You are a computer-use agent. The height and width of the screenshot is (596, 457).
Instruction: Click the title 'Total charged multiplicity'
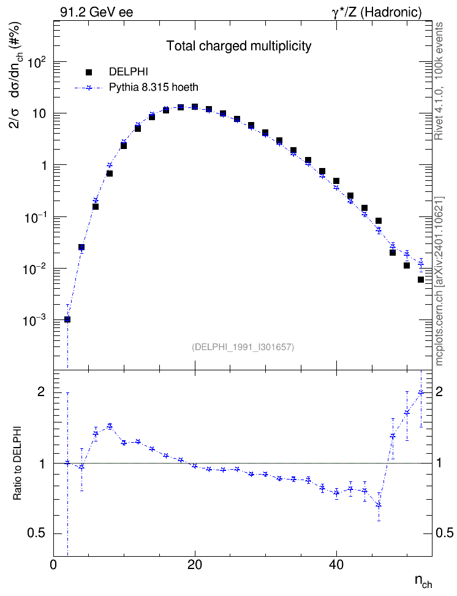pyautogui.click(x=239, y=46)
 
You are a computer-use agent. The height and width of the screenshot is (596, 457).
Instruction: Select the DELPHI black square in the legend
pyautogui.click(x=89, y=72)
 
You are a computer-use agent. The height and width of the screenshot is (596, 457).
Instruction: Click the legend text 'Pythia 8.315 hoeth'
pyautogui.click(x=154, y=88)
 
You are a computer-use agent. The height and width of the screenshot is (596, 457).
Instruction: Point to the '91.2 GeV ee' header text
pyautogui.click(x=97, y=12)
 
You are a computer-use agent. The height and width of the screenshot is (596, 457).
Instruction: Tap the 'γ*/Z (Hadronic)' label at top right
pyautogui.click(x=377, y=12)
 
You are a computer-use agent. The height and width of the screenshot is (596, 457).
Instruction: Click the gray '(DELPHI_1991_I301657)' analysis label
pyautogui.click(x=243, y=346)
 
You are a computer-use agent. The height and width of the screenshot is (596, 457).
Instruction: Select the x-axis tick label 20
pyautogui.click(x=195, y=565)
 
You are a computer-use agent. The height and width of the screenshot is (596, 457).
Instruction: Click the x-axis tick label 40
pyautogui.click(x=336, y=565)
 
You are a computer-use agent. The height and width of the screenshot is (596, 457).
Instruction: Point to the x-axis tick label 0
pyautogui.click(x=53, y=565)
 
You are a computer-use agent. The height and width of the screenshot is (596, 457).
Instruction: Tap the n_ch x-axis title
pyautogui.click(x=423, y=581)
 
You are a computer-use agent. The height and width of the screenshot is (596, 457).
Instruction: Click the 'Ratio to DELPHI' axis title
pyautogui.click(x=18, y=463)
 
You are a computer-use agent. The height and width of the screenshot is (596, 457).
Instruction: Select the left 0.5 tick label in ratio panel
pyautogui.click(x=36, y=533)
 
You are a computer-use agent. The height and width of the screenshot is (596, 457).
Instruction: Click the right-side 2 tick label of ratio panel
pyautogui.click(x=439, y=392)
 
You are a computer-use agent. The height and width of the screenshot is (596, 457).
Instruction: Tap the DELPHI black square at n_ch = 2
pyautogui.click(x=67, y=319)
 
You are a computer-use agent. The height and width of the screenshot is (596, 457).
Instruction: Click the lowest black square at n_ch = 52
pyautogui.click(x=420, y=280)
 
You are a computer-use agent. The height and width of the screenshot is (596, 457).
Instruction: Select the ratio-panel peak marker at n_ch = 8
pyautogui.click(x=110, y=426)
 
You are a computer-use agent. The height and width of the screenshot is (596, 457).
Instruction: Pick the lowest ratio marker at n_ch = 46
pyautogui.click(x=379, y=505)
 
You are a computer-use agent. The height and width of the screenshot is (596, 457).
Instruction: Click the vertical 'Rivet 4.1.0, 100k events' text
pyautogui.click(x=439, y=81)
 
